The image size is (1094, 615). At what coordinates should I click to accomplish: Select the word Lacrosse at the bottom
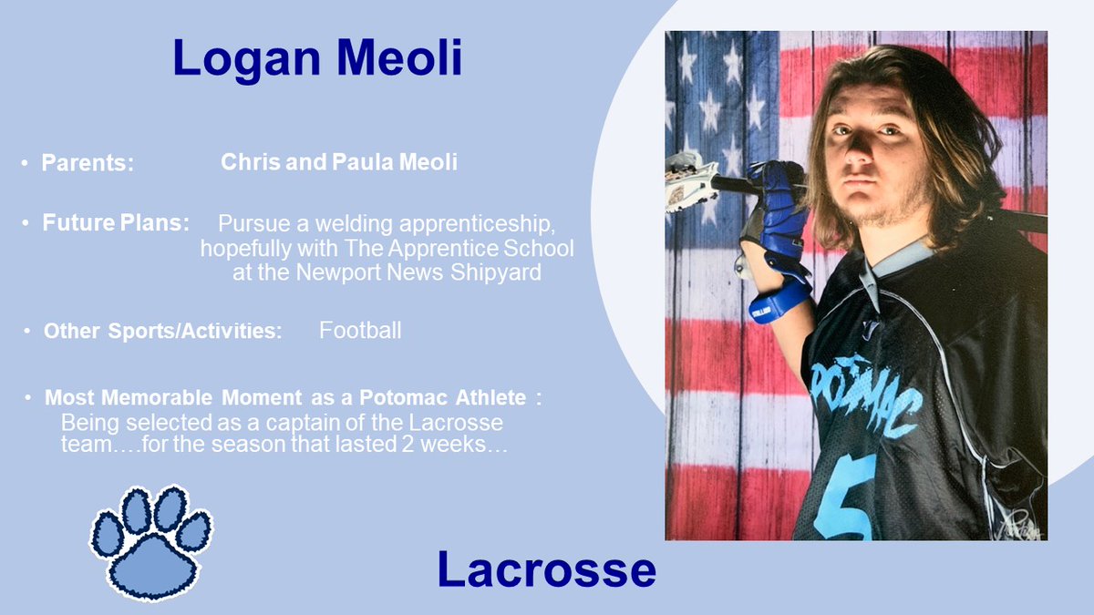coord(546,569)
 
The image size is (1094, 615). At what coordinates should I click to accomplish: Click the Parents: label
coord(88,164)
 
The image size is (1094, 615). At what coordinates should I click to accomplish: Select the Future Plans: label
coord(116,222)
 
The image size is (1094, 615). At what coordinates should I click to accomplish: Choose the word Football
coord(359,330)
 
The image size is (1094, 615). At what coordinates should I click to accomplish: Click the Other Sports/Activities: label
coord(162,331)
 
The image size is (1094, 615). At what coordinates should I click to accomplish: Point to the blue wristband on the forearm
coord(779,301)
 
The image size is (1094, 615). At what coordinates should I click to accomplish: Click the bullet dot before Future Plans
coord(28,223)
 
